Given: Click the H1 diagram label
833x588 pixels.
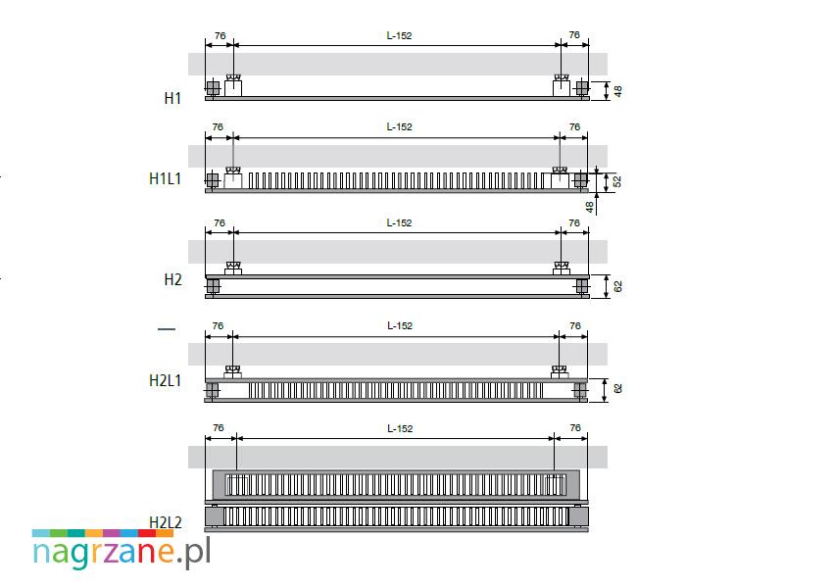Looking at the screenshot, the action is coord(172,98).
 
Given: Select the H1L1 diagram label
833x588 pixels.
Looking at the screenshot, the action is coord(166,179).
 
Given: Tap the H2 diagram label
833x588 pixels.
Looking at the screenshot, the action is coord(172,280).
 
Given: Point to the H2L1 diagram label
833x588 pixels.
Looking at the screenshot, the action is coord(166,380).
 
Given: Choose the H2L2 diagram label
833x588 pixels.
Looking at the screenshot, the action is coord(166,522).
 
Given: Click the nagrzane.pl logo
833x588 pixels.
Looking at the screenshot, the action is coord(122,550).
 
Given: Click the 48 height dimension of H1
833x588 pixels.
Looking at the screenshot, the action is coord(617,91).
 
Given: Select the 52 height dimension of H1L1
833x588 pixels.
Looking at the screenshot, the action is coord(616,181).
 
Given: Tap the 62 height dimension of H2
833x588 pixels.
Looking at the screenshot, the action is coord(617,286).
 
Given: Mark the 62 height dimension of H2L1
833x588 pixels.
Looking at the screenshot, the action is coord(617,389).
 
